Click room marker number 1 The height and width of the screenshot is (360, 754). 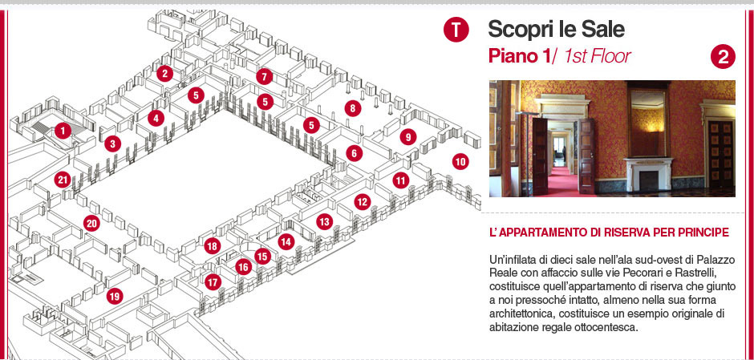[63, 130]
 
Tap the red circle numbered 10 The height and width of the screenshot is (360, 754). [460, 161]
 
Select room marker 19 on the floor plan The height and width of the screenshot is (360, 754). [114, 296]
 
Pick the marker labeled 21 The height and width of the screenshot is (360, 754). [62, 180]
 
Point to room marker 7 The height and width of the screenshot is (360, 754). [264, 76]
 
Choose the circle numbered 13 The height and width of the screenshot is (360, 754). [324, 221]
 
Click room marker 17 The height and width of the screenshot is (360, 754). [213, 281]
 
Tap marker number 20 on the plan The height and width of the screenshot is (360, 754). [91, 223]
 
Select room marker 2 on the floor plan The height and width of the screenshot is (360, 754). [164, 74]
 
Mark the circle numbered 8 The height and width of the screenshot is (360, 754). [352, 108]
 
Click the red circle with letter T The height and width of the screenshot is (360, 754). [456, 30]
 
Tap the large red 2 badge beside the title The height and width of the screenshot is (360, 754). [723, 57]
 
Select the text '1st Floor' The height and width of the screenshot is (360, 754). [598, 56]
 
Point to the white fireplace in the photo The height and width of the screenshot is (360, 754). [648, 174]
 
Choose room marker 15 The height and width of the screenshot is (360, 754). [262, 257]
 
